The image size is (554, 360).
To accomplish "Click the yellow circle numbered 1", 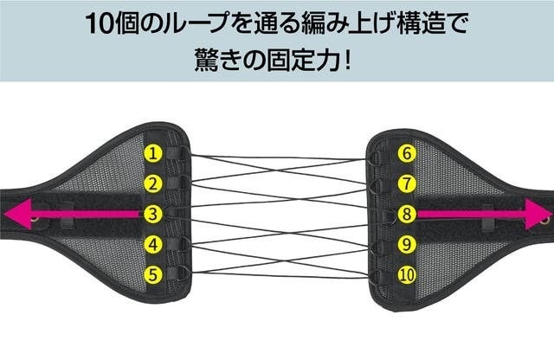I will [152, 154].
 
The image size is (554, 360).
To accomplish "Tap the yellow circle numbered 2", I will [152, 183].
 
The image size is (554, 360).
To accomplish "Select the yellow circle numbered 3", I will [152, 213].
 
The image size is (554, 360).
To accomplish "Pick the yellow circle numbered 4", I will [152, 244].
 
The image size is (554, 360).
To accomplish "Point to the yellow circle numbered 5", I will [152, 275].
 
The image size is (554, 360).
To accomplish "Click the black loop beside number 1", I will [178, 155].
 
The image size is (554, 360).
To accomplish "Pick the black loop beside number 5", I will [178, 274].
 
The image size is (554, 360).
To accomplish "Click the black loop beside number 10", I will [378, 274].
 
